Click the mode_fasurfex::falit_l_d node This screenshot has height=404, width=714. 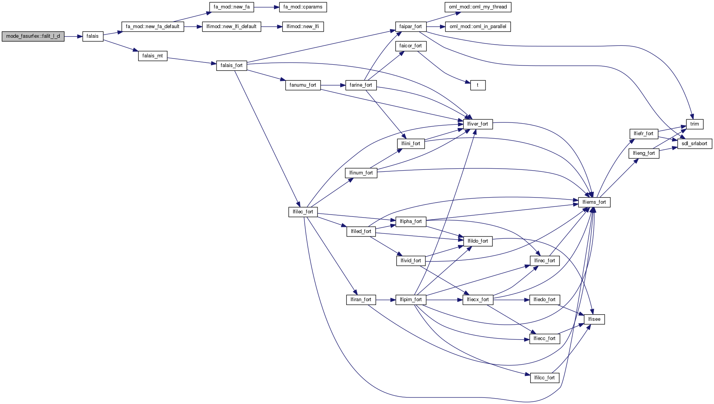pos(33,36)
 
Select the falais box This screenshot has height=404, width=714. pos(93,36)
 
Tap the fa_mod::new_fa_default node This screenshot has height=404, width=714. pos(153,27)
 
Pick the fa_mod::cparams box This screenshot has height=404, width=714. pos(303,7)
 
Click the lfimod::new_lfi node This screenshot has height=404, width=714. pos(303,27)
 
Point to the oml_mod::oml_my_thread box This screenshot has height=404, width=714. pos(478,7)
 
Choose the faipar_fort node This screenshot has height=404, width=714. pos(411,27)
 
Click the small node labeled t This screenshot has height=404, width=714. pos(478,85)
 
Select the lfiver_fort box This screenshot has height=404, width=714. pos(478,124)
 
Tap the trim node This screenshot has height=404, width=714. pos(695,124)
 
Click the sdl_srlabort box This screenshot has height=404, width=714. pos(694,144)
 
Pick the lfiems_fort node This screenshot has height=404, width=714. pos(594,202)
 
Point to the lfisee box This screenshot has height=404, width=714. pos(595,319)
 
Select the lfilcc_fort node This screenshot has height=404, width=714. pos(544,378)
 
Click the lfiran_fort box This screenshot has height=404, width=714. pos(361,300)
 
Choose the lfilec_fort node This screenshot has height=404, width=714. pos(303,212)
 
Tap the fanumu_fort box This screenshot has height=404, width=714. pos(303,85)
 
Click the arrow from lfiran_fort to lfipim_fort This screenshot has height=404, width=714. pos(386,300)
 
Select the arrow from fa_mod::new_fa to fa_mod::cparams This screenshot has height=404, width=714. pos(266,7)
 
